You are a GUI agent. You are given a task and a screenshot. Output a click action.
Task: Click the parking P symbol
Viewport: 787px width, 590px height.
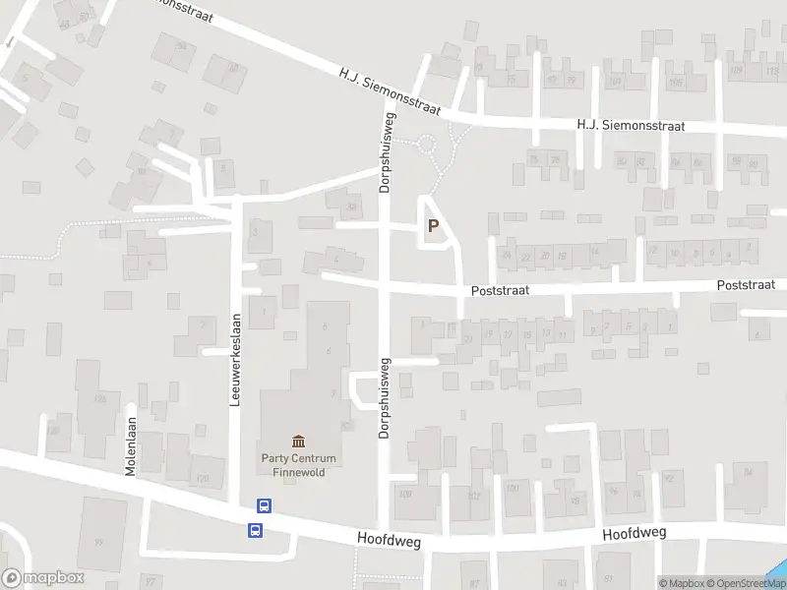coord(433,226)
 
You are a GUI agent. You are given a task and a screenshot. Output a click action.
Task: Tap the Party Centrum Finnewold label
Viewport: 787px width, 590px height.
coord(298,464)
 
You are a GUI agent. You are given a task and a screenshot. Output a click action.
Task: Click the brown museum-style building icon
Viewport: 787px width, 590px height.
coord(298,441)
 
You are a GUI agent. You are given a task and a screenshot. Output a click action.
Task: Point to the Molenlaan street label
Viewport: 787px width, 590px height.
coord(130,446)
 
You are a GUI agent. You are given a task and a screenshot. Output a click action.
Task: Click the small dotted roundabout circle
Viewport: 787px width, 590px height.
coord(427,145)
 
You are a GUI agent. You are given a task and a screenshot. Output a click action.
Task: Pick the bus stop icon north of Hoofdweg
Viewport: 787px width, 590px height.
coord(264,505)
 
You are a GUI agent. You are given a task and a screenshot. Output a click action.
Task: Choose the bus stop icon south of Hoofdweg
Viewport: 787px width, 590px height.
coord(255,530)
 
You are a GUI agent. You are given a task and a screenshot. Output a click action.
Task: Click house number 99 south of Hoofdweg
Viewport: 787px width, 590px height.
coord(98,542)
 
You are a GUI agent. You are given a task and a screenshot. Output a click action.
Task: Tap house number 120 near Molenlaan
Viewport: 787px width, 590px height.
coord(203,479)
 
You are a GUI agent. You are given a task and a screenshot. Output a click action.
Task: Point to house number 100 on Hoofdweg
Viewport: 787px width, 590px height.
coord(512,487)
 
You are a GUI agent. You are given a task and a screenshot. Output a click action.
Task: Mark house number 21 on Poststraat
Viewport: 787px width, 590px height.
coord(468,339)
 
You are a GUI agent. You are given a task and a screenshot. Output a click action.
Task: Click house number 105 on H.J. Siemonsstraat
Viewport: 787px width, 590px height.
coord(675,82)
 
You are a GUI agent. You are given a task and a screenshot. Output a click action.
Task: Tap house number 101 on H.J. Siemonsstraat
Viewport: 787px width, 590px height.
coord(616,82)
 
